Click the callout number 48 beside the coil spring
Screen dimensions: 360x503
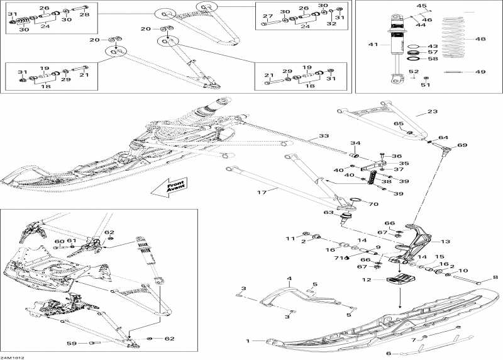[481, 39]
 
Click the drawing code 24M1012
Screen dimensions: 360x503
[12, 356]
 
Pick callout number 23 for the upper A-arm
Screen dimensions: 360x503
[431, 111]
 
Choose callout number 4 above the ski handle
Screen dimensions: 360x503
[289, 278]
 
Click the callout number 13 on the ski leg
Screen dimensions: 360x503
[445, 241]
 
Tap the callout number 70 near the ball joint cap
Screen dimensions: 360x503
[373, 204]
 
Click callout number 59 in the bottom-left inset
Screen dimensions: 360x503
[73, 343]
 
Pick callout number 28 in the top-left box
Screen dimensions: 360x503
[85, 14]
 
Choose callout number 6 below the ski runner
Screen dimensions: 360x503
[389, 354]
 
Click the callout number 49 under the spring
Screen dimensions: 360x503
[481, 72]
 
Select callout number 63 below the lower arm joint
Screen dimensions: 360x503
[328, 213]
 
